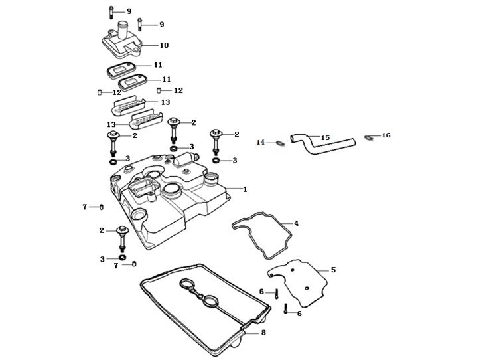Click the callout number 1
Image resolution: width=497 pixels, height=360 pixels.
click(x=244, y=189)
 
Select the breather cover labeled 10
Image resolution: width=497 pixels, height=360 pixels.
click(x=123, y=43)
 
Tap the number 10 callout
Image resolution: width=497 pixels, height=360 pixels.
click(x=164, y=45)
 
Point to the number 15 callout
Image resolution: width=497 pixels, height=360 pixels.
click(x=325, y=137)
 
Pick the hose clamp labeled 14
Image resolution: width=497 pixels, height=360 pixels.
click(x=281, y=141)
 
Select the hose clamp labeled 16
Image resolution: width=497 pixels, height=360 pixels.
click(x=368, y=137)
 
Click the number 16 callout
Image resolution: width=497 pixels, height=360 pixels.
click(x=386, y=135)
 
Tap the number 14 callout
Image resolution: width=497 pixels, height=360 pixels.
click(x=261, y=142)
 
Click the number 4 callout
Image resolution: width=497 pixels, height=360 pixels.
click(x=296, y=223)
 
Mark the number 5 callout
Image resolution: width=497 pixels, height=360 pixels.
click(x=333, y=270)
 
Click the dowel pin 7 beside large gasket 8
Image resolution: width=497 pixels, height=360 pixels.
click(x=135, y=265)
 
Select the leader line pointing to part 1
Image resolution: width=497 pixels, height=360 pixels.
click(x=232, y=189)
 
